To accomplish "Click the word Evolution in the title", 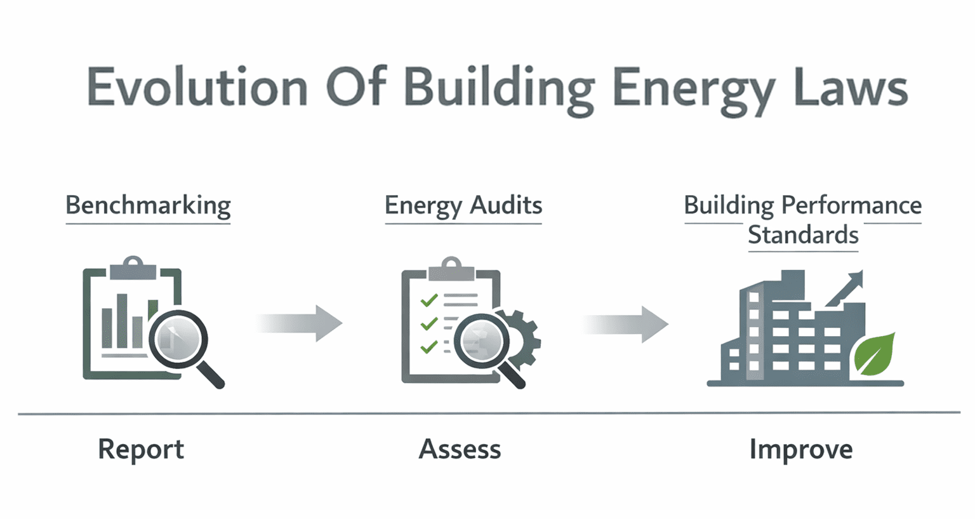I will point(197,88).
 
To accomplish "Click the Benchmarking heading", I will point(148,205).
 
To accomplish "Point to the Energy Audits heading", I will point(463,205).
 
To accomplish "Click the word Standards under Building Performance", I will point(803,235).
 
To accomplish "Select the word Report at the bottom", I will point(141,449).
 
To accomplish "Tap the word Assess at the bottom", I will point(460,449).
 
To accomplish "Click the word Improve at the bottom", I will point(801,449).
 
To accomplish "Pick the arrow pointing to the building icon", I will point(626,324).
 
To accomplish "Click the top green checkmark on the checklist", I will point(429,299).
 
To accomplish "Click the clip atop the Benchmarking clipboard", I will point(133,269).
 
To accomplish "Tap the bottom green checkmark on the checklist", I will point(429,347).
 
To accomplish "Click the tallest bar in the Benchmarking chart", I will point(122,321).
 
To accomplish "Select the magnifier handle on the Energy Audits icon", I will point(512,375).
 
